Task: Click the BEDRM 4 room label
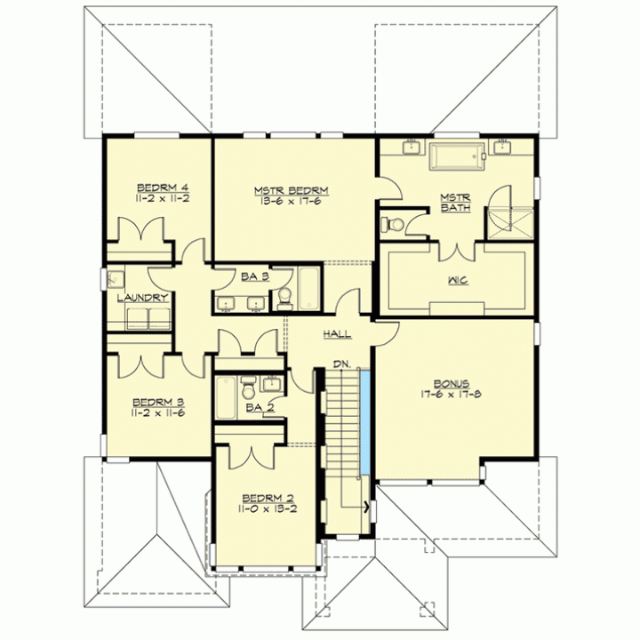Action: [163, 188]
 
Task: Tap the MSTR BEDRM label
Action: [291, 190]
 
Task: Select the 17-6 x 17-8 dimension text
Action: [451, 395]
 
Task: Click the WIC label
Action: [458, 280]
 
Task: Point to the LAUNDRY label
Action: [142, 298]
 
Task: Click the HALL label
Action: [337, 334]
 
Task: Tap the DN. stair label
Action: [341, 364]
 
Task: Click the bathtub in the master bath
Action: [457, 156]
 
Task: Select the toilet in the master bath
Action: [392, 224]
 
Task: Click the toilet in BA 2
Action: [248, 388]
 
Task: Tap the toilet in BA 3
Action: [284, 298]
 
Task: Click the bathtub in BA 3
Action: [309, 288]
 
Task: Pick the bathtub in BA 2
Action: [226, 397]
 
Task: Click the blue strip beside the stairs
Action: [365, 422]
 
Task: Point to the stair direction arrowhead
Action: [368, 508]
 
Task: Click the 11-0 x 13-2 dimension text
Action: [268, 509]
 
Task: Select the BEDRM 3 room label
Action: [158, 403]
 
